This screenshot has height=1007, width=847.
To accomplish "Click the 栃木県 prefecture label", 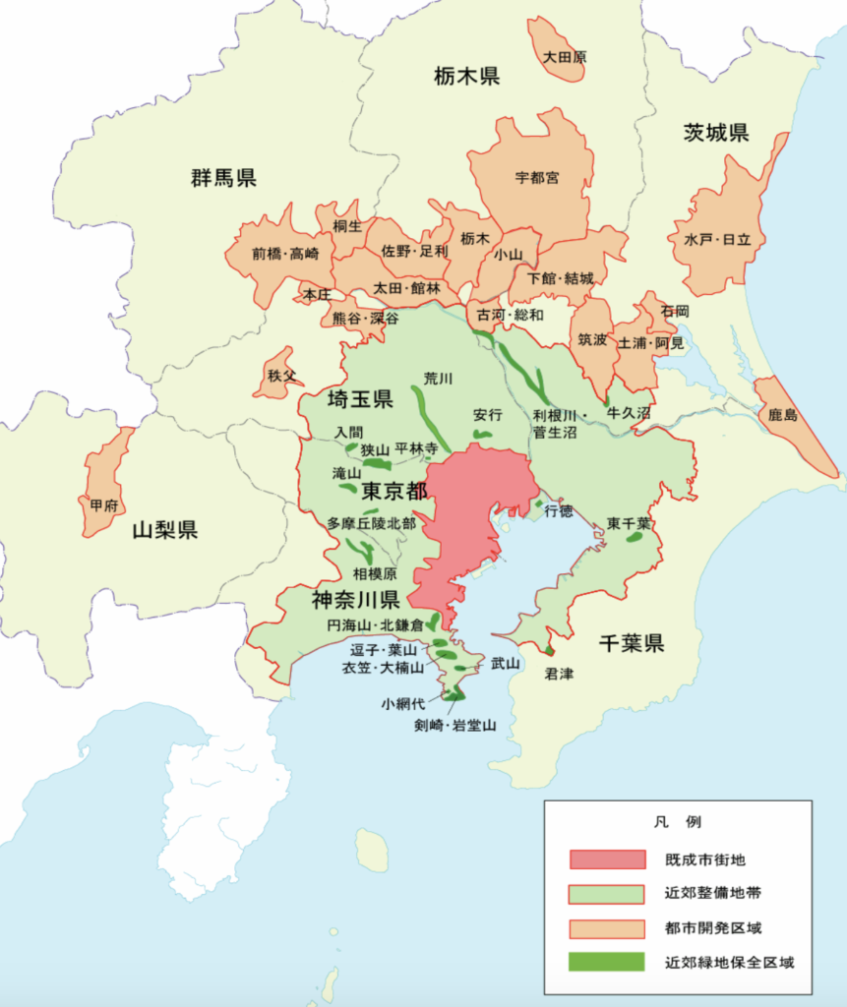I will tap(466, 75).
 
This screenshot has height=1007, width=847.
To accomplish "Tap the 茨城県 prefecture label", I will tap(716, 134).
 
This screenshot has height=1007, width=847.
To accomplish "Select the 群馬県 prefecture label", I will tap(223, 178).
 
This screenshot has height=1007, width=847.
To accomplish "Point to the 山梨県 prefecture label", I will tap(165, 530).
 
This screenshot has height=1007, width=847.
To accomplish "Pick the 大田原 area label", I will tap(565, 57).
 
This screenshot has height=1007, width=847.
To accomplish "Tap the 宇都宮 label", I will tap(537, 178).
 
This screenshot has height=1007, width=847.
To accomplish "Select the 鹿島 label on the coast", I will tap(786, 417).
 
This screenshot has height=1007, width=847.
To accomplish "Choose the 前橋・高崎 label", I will tap(285, 253).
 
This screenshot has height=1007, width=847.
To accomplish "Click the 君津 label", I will tap(559, 675).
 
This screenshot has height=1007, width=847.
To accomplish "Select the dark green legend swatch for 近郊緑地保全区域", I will tap(606, 962).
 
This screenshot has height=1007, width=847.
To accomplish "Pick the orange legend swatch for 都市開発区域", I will tap(606, 927).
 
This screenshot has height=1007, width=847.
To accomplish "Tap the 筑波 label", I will tap(592, 340).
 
